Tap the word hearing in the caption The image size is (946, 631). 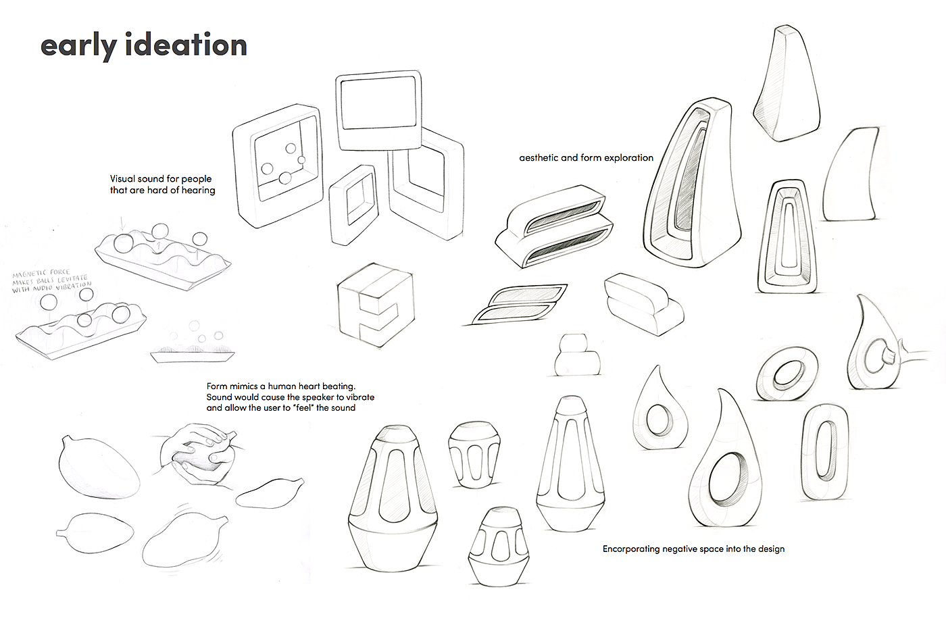click(x=198, y=191)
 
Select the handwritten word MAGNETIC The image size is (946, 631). click(x=31, y=274)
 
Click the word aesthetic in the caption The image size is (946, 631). click(x=539, y=157)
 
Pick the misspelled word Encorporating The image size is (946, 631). click(x=631, y=549)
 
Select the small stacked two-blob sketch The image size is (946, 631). click(x=577, y=355)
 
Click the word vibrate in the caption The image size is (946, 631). click(x=359, y=397)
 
